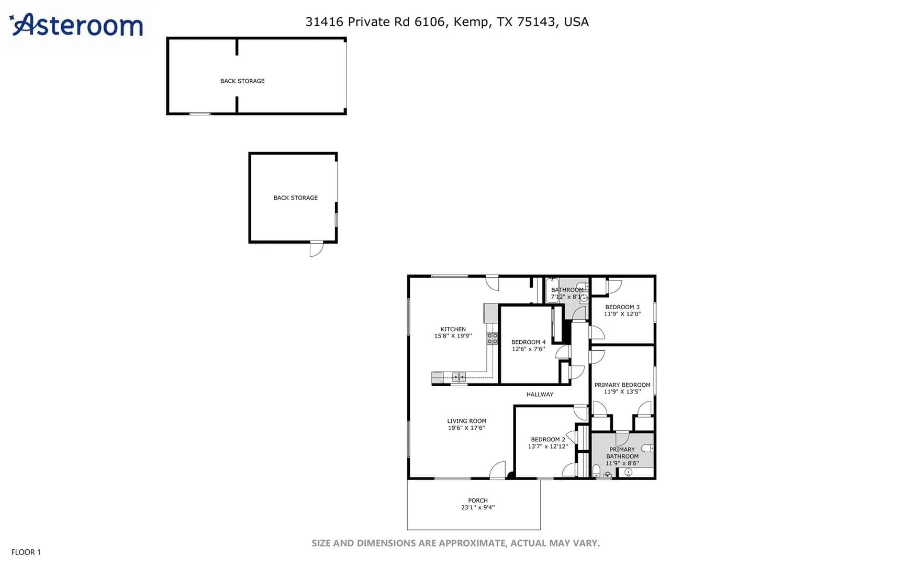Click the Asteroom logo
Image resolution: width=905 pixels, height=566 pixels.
(x=76, y=25)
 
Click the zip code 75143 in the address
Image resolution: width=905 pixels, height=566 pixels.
(x=536, y=21)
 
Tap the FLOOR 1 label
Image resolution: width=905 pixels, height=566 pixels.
(x=26, y=552)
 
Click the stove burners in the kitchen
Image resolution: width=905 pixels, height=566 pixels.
(x=492, y=338)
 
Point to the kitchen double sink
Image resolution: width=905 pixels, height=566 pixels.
(x=459, y=376)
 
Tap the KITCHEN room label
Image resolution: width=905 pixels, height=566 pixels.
(x=453, y=329)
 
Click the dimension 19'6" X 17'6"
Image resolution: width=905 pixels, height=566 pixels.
(x=466, y=428)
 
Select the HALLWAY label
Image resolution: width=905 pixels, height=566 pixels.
(x=540, y=394)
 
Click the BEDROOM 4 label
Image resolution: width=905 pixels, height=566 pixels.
(x=529, y=342)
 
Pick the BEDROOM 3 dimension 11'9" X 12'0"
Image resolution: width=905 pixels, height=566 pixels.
(x=622, y=314)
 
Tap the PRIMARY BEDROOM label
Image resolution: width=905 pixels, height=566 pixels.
(x=622, y=385)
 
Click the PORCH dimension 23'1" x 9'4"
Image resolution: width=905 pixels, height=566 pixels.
(x=478, y=507)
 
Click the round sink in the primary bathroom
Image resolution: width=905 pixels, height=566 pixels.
(x=629, y=472)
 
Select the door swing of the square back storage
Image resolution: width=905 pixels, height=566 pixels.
(x=317, y=249)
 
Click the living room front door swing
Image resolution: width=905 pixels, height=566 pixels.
(x=498, y=470)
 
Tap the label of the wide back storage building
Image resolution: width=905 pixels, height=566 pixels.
(x=242, y=81)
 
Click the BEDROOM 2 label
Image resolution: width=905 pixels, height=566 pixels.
(x=548, y=439)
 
